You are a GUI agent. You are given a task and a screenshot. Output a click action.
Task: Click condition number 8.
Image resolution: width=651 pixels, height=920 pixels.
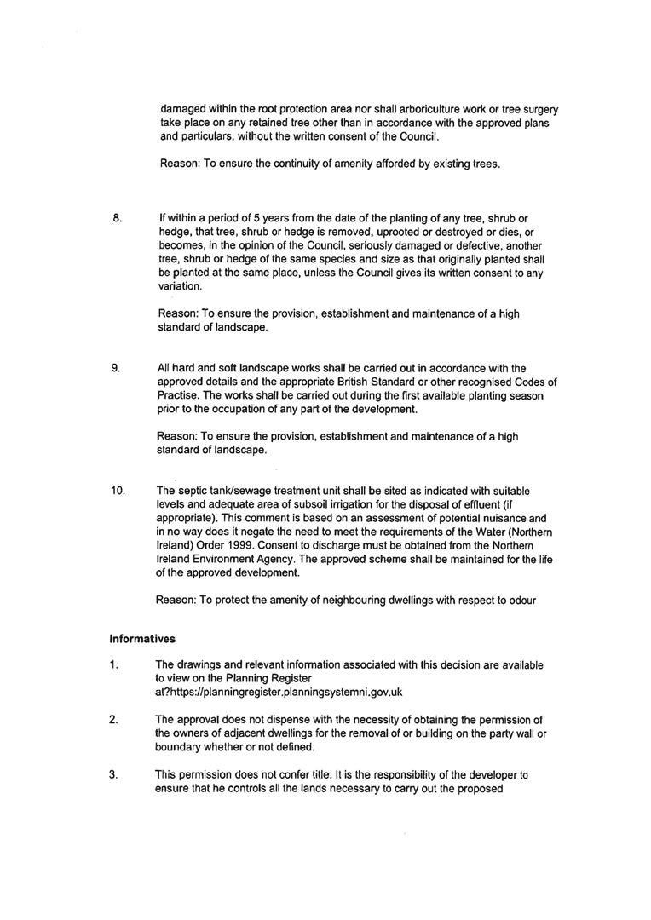click(118, 219)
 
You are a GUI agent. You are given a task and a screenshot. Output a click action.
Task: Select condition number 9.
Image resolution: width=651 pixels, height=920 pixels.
click(115, 368)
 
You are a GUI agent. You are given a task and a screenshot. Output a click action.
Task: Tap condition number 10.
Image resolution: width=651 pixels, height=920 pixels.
click(118, 491)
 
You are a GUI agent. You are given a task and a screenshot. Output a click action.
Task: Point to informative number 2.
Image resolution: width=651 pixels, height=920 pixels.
click(113, 720)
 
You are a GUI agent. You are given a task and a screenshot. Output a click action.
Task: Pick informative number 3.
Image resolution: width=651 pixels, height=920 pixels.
click(113, 775)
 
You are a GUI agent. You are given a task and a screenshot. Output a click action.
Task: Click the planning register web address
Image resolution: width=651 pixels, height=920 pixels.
click(280, 693)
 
